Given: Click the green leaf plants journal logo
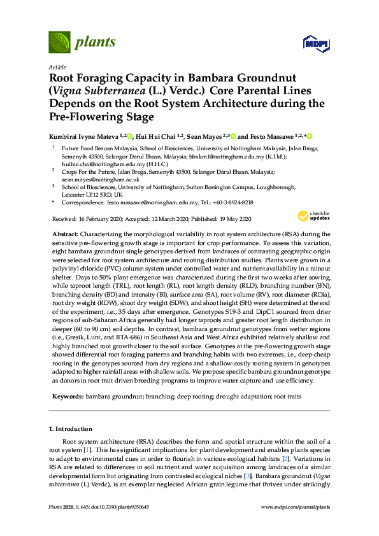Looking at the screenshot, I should pyautogui.click(x=59, y=42).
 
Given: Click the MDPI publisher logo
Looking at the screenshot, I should pyautogui.click(x=316, y=43).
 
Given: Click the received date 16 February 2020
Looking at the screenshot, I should pyautogui.click(x=111, y=218).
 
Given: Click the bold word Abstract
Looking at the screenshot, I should pyautogui.click(x=64, y=235).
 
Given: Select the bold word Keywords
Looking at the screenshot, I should pyautogui.click(x=67, y=396).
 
